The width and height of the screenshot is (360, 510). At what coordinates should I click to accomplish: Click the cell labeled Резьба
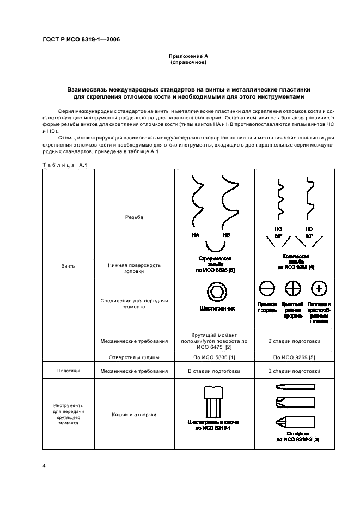[x=134, y=217]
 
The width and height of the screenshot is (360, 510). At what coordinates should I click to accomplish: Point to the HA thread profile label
[x=196, y=235]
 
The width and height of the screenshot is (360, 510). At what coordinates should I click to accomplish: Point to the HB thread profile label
[x=227, y=235]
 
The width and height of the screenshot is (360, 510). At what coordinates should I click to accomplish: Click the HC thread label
[x=278, y=229]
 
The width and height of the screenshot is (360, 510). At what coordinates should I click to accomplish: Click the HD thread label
[x=309, y=229]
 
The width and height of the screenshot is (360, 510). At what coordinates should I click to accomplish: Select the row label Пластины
[x=69, y=371]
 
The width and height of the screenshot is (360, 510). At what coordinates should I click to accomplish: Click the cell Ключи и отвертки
[x=134, y=415]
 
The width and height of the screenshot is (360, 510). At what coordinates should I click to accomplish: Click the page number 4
[x=44, y=466]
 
